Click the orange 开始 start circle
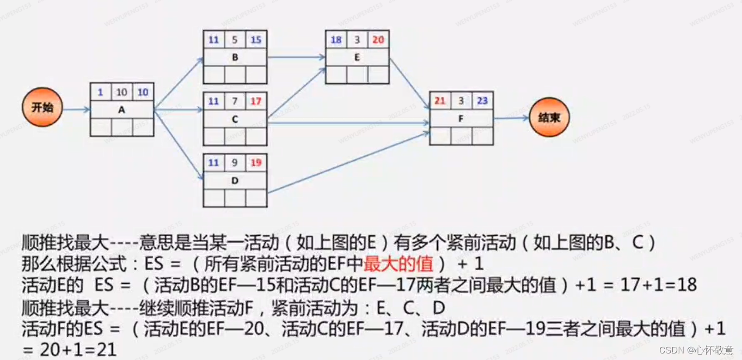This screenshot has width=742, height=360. coord(42,107)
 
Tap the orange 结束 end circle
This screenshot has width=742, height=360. coord(549,117)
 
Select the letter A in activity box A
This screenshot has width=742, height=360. coord(121,109)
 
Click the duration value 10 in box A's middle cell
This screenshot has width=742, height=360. coord(121,93)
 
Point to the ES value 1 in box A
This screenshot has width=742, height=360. coord(101,93)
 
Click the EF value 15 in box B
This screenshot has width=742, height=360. coord(256,40)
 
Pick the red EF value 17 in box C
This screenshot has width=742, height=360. coord(256,101)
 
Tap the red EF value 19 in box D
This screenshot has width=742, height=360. coord(256,163)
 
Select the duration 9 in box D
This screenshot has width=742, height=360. coord(235,163)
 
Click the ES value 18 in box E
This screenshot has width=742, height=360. coord(336,40)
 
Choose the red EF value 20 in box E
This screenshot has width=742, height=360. coord(378,40)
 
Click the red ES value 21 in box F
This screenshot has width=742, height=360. coord(440,100)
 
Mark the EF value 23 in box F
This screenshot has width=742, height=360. coord(482,100)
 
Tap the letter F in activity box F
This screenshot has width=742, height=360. coord(461,117)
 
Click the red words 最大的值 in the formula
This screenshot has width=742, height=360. coord(398,264)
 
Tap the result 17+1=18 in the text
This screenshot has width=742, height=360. coord(650,285)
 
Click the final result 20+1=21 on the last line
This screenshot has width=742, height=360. coord(78,349)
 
